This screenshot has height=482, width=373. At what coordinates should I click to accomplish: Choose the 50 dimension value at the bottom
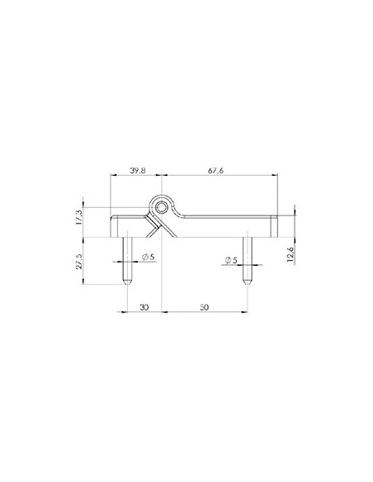205,306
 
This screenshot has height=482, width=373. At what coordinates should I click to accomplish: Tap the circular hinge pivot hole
163,203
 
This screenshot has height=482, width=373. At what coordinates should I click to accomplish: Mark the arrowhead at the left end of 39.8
112,175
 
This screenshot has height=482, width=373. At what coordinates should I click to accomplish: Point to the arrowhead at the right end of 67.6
275,175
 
